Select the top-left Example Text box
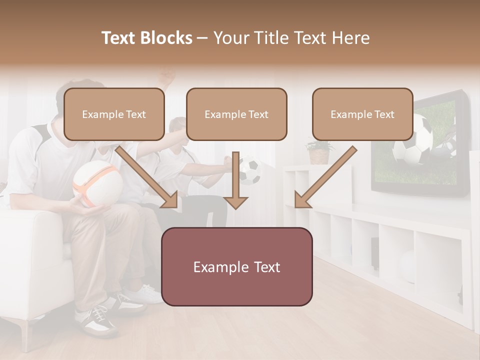coord(114,114)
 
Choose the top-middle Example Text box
coord(236,114)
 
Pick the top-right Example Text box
coord(362,114)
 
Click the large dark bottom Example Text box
coord(236,267)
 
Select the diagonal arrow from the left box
coord(147,177)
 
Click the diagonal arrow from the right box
coord(325,177)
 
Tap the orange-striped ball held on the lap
coord(97,183)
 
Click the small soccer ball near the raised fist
coord(250,170)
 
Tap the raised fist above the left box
coord(168,77)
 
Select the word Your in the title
coord(230,38)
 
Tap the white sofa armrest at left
coord(30,235)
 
